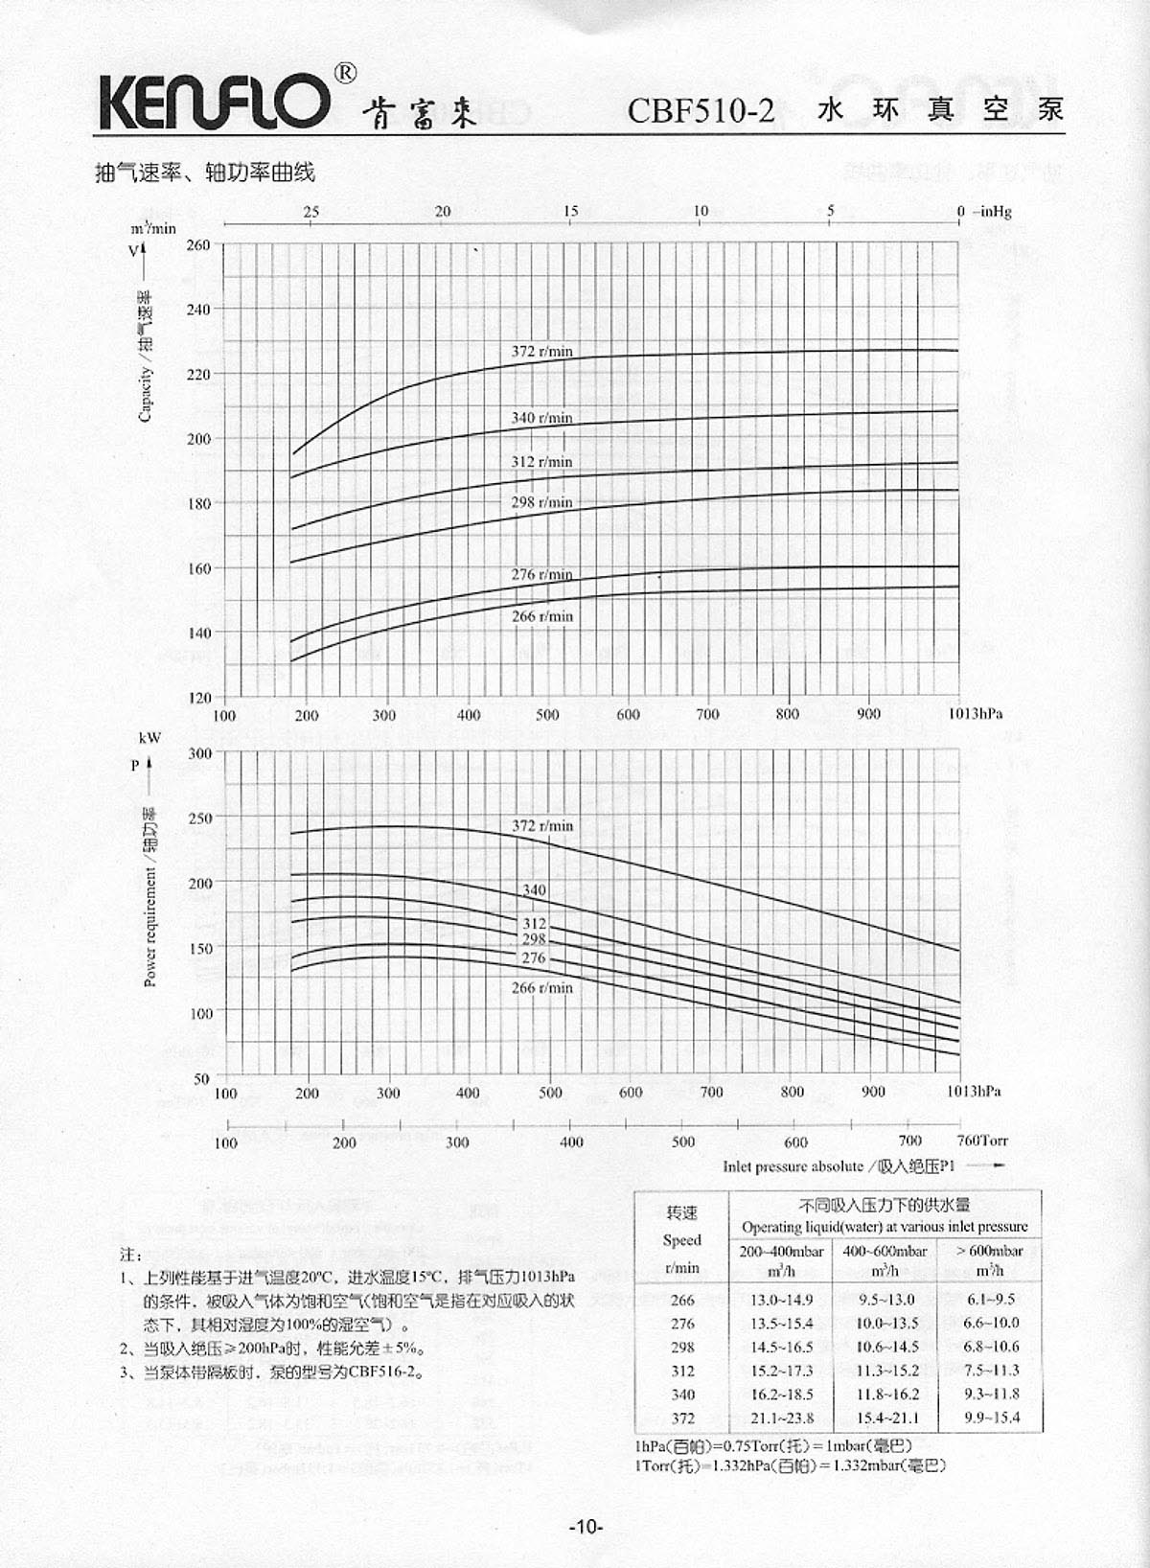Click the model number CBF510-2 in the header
[x=701, y=111]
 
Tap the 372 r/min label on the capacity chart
[x=541, y=352]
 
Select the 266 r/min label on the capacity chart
[x=541, y=616]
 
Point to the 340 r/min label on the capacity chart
[x=541, y=418]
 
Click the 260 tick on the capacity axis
[x=198, y=245]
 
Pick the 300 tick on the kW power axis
[x=199, y=753]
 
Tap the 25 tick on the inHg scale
[x=311, y=212]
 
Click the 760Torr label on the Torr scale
[x=982, y=1141]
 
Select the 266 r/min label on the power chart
[x=541, y=988]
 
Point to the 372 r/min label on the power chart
[x=541, y=826]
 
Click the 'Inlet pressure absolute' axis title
[x=793, y=1166]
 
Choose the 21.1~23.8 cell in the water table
[x=781, y=1418]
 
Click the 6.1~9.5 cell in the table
[x=991, y=1300]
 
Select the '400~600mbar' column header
[x=885, y=1251]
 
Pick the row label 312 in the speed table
[x=682, y=1372]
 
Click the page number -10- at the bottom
[x=586, y=1527]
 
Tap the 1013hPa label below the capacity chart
[x=976, y=714]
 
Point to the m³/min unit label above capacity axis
[x=153, y=228]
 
